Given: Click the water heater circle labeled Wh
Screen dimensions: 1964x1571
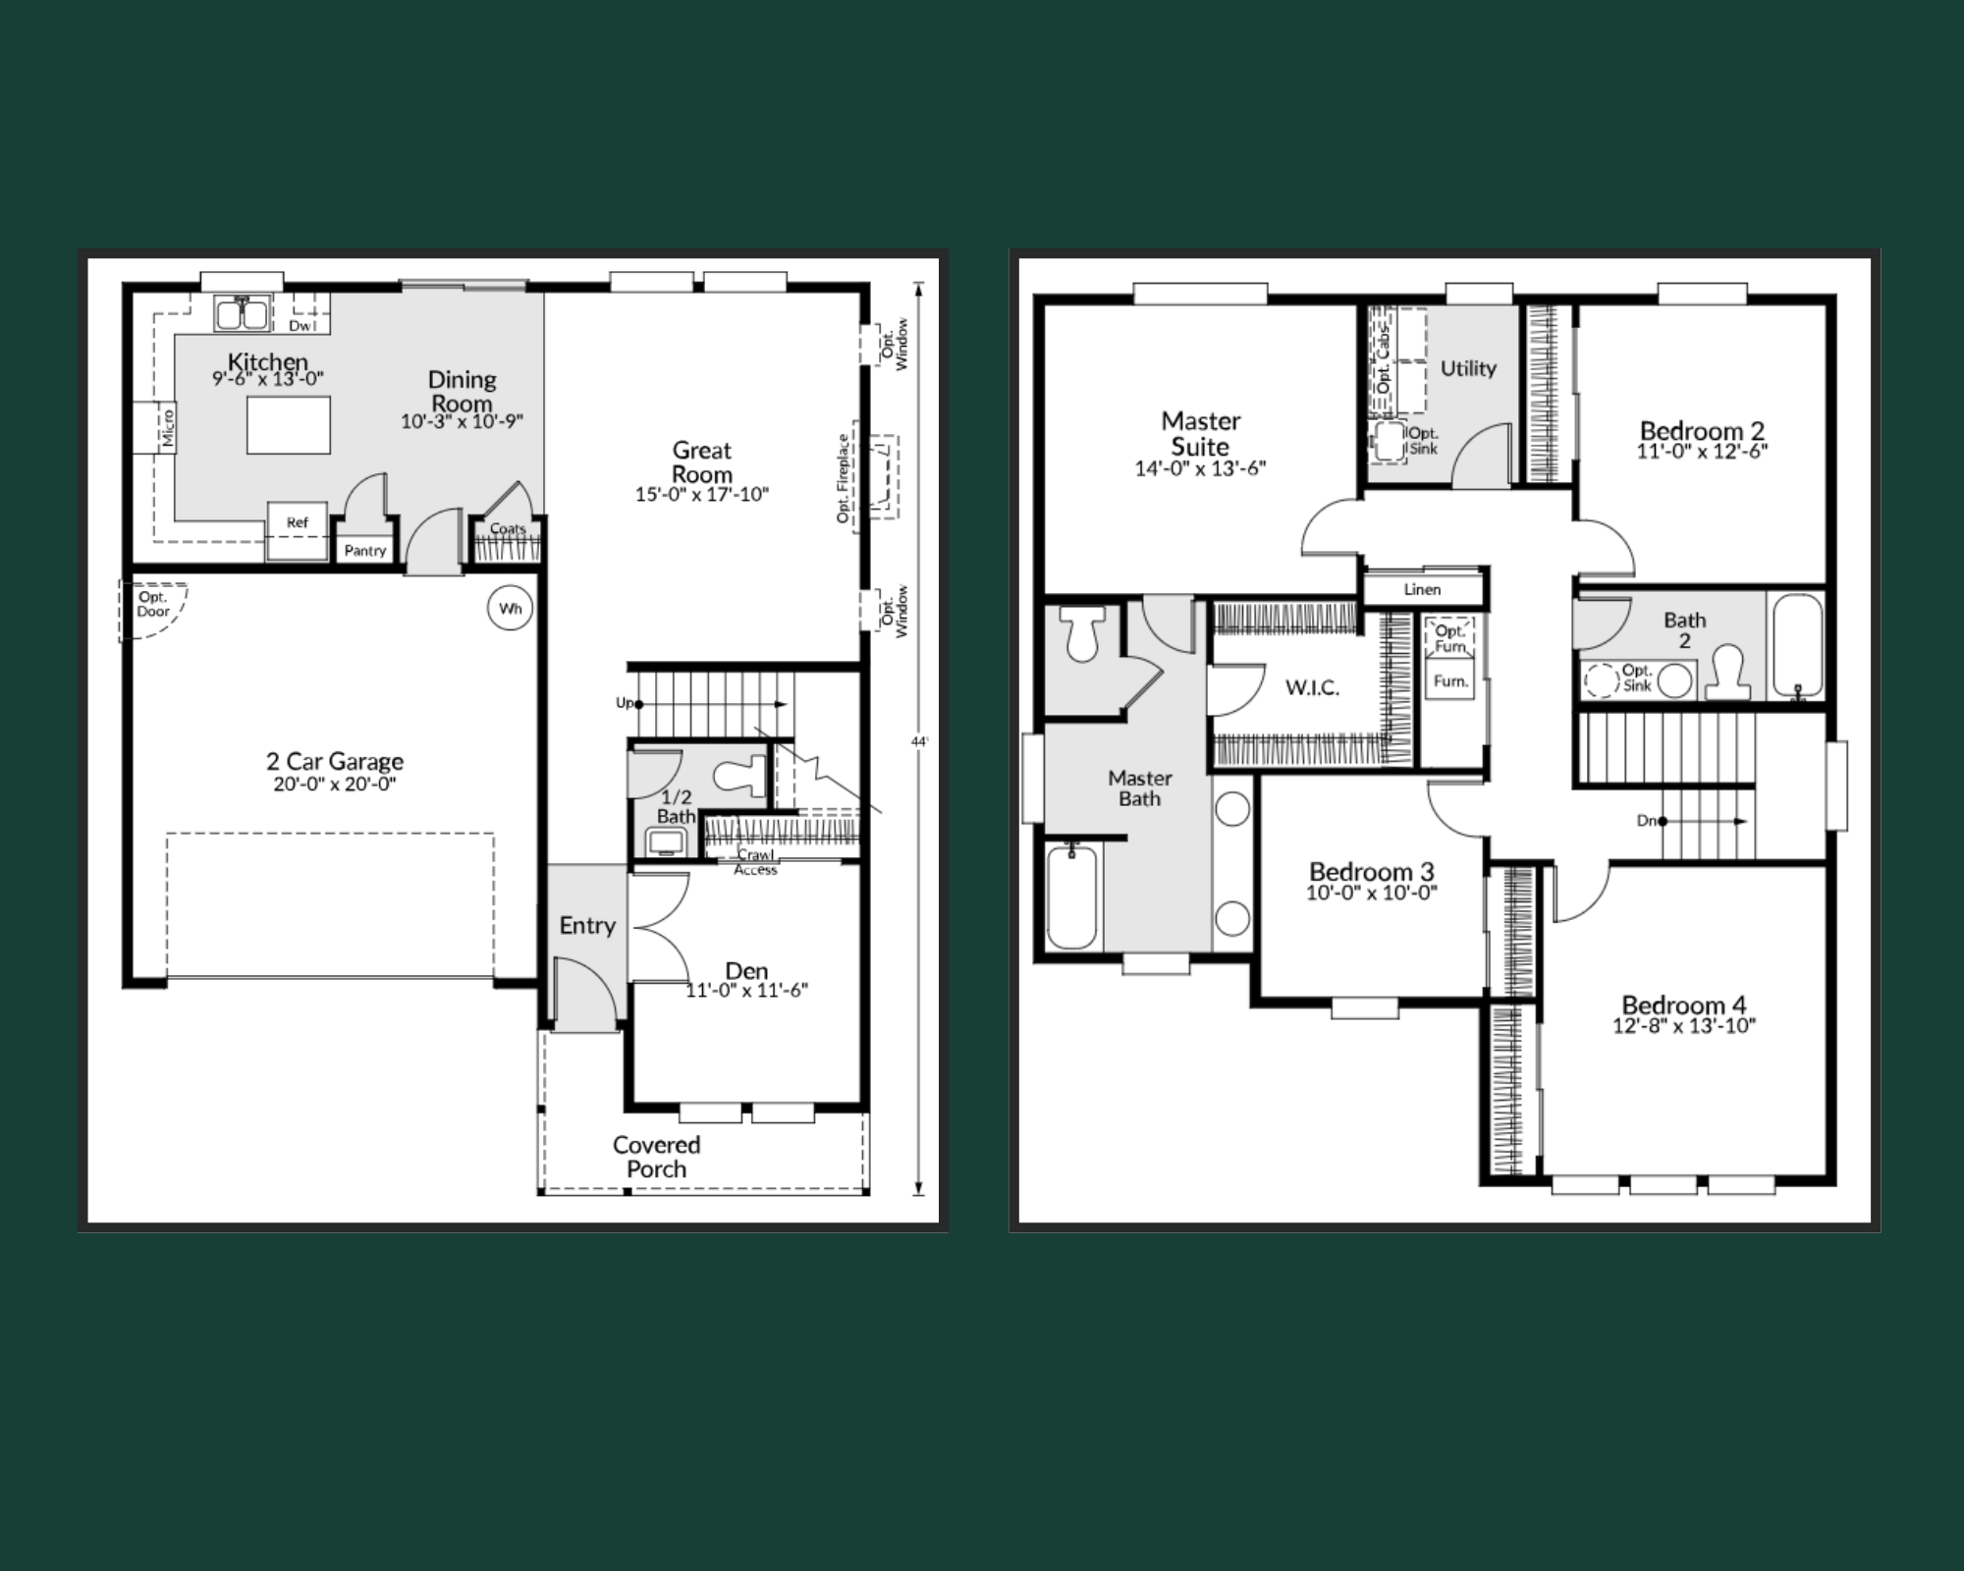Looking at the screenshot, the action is [510, 609].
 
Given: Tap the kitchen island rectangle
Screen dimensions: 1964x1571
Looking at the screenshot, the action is [288, 425].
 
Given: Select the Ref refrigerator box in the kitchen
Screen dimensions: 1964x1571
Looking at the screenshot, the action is [298, 531].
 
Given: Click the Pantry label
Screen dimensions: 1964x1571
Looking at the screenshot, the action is [365, 551].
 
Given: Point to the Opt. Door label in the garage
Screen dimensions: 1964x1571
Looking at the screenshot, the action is [153, 604].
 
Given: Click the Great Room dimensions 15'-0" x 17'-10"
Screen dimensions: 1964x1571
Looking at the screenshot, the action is [702, 495].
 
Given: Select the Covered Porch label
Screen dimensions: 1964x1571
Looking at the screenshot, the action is [656, 1157].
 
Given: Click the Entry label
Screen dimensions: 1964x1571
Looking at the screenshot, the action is [587, 925].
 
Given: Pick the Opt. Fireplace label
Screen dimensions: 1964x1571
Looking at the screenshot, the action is [843, 478].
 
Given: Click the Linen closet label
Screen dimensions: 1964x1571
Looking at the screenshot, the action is [1422, 589].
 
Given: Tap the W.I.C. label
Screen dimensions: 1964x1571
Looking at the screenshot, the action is [1312, 687].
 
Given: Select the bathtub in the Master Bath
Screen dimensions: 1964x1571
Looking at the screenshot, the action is [1071, 896].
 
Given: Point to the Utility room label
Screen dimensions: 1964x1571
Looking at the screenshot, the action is [1468, 368].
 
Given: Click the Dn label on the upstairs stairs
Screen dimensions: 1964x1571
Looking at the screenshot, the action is [1647, 821].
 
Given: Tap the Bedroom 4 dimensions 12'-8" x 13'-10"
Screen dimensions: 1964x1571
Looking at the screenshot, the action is [1684, 1026].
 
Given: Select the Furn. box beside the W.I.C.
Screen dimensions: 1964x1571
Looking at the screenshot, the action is [1450, 680].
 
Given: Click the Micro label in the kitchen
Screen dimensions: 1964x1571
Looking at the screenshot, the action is [168, 428].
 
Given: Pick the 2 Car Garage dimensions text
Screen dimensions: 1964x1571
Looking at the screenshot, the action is [335, 785].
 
